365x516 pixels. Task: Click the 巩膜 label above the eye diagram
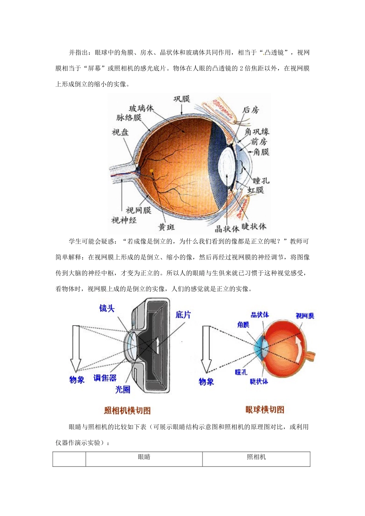point(182,99)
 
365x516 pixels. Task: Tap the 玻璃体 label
point(141,108)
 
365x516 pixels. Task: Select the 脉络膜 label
point(129,117)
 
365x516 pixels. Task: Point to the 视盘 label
point(120,132)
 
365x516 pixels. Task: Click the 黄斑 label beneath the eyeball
point(167,227)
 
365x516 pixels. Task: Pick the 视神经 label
point(124,220)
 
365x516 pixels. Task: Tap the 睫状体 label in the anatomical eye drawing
point(254,226)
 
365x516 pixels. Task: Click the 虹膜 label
point(255,190)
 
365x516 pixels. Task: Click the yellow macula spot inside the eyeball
point(152,170)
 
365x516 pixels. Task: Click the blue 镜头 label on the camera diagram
point(107,308)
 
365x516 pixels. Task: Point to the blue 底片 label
point(183,315)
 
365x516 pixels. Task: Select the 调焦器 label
point(105,378)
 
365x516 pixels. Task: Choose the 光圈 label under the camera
point(123,389)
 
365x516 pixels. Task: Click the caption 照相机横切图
point(128,410)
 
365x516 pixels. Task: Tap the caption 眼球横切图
point(265,410)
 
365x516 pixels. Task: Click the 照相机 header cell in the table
point(256,457)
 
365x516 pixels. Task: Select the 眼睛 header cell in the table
point(144,457)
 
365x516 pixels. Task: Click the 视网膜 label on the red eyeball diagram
point(305,316)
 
